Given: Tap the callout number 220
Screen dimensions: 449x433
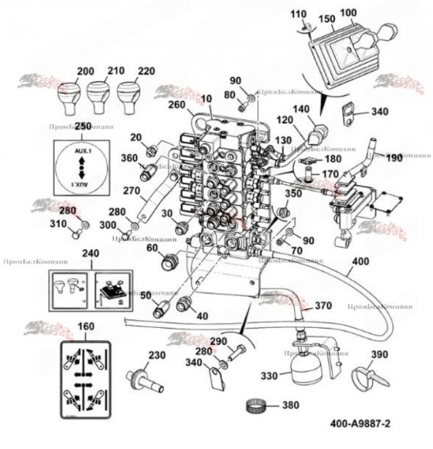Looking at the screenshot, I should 146,71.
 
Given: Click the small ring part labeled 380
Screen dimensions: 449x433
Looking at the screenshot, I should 256,406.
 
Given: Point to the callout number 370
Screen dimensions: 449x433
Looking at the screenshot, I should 324,306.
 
